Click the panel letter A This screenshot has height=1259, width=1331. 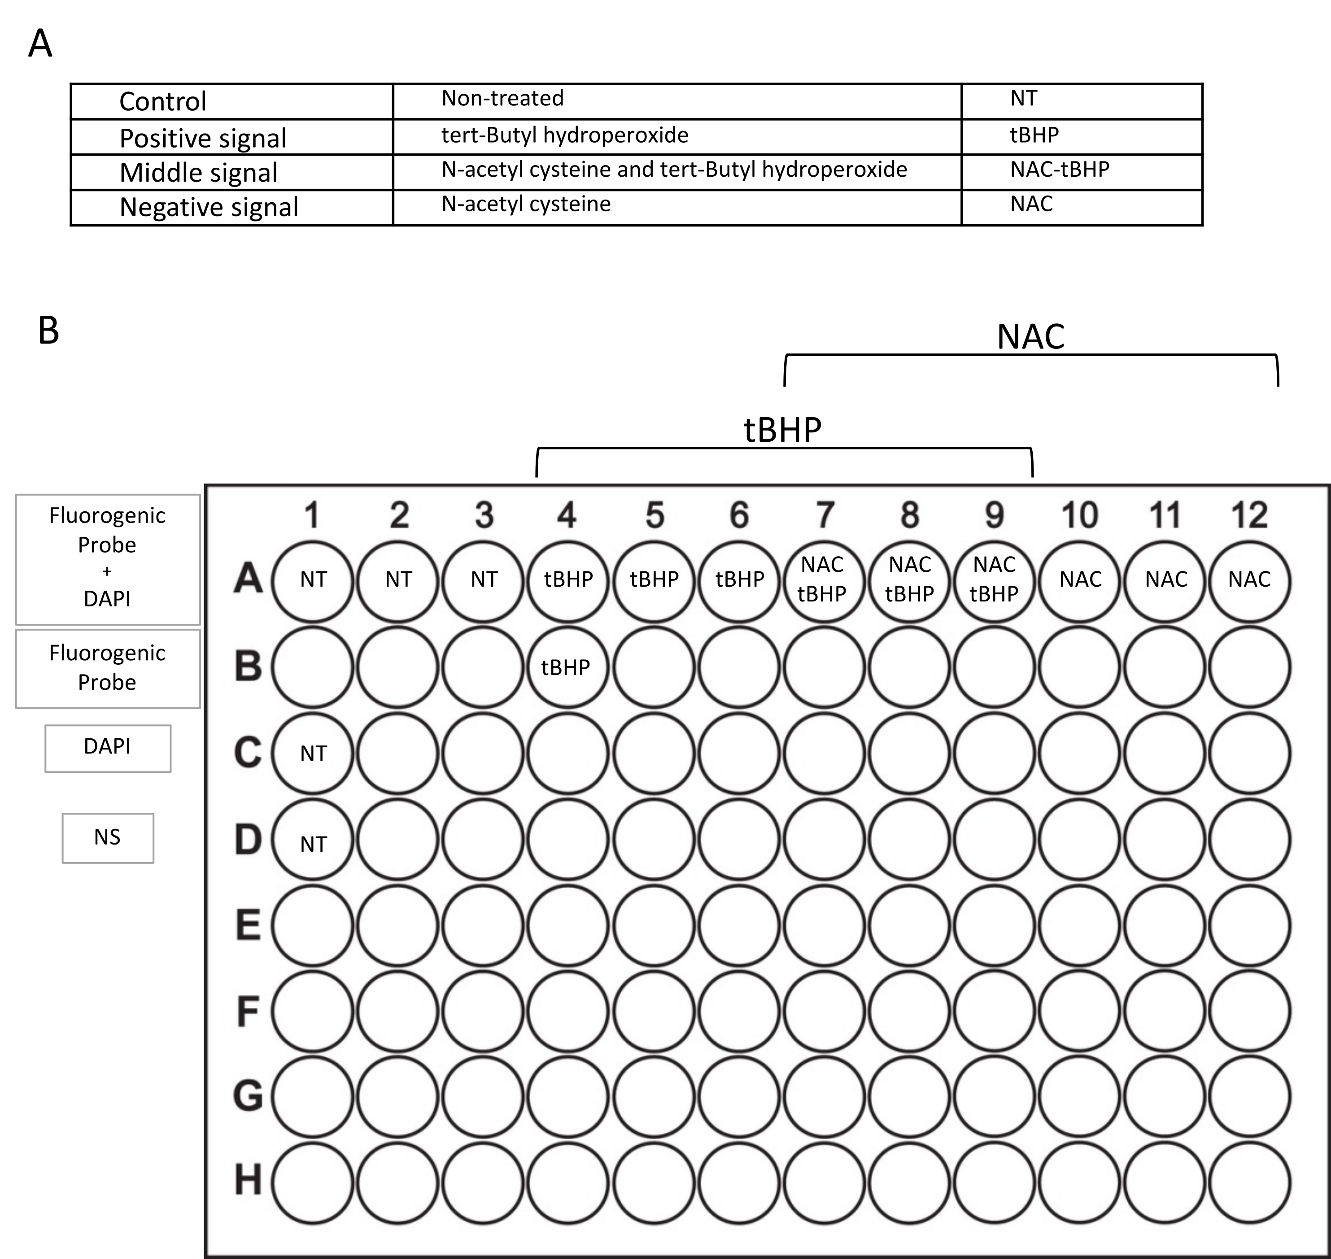tap(40, 44)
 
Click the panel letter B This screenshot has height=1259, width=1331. tap(48, 331)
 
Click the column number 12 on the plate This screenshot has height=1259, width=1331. tap(1249, 515)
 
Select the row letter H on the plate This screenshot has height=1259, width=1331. tap(248, 1180)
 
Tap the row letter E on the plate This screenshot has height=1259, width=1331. tap(248, 925)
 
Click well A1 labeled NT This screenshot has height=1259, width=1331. tap(313, 580)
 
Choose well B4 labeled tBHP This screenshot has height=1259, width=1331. tap(567, 667)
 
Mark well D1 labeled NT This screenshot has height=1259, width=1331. tap(313, 840)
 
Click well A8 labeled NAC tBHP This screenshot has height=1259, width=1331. tap(909, 580)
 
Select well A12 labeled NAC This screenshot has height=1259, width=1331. tap(1249, 580)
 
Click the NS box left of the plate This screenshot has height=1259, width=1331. tap(107, 837)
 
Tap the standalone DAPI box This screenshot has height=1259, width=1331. tap(107, 748)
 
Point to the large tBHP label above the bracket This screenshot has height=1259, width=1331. tap(783, 430)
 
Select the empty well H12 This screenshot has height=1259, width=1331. tap(1249, 1182)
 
